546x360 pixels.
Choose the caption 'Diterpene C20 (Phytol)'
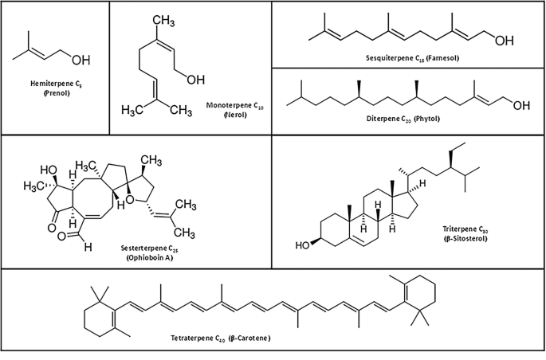click(x=407, y=119)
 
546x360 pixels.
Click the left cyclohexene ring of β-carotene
click(x=101, y=317)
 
